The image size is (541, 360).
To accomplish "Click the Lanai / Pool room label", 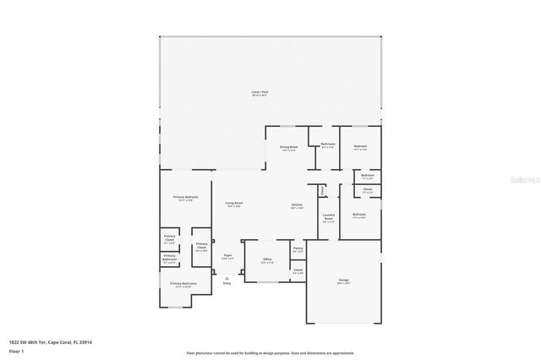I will pyautogui.click(x=260, y=92).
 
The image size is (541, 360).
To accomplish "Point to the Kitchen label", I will pyautogui.click(x=298, y=206).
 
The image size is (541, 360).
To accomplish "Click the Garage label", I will pyautogui.click(x=344, y=281).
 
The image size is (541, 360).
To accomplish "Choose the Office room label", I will pyautogui.click(x=266, y=260).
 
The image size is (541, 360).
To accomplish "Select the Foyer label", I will pyautogui.click(x=227, y=256).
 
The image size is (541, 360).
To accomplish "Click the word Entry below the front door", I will pyautogui.click(x=227, y=283).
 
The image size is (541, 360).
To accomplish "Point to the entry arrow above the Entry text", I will pyautogui.click(x=227, y=275).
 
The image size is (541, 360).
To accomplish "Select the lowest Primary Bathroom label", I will pyautogui.click(x=183, y=285).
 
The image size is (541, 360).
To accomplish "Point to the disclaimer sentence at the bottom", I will pyautogui.click(x=270, y=352).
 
